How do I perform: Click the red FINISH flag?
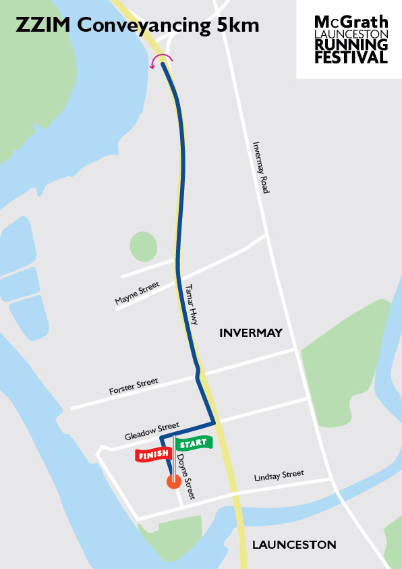pyautogui.click(x=152, y=456)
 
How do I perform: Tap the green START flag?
pyautogui.click(x=194, y=443)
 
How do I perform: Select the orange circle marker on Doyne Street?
pyautogui.click(x=173, y=481)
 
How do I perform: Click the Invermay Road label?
pyautogui.click(x=260, y=167)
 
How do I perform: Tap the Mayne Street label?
pyautogui.click(x=138, y=294)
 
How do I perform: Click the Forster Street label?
pyautogui.click(x=134, y=387)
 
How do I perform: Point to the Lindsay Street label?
pyautogui.click(x=279, y=477)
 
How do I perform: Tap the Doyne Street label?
pyautogui.click(x=185, y=477)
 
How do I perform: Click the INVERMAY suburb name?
pyautogui.click(x=250, y=333)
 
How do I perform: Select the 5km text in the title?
pyautogui.click(x=237, y=26)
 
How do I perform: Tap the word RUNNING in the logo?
pyautogui.click(x=351, y=45)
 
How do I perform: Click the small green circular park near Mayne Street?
pyautogui.click(x=143, y=246)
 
